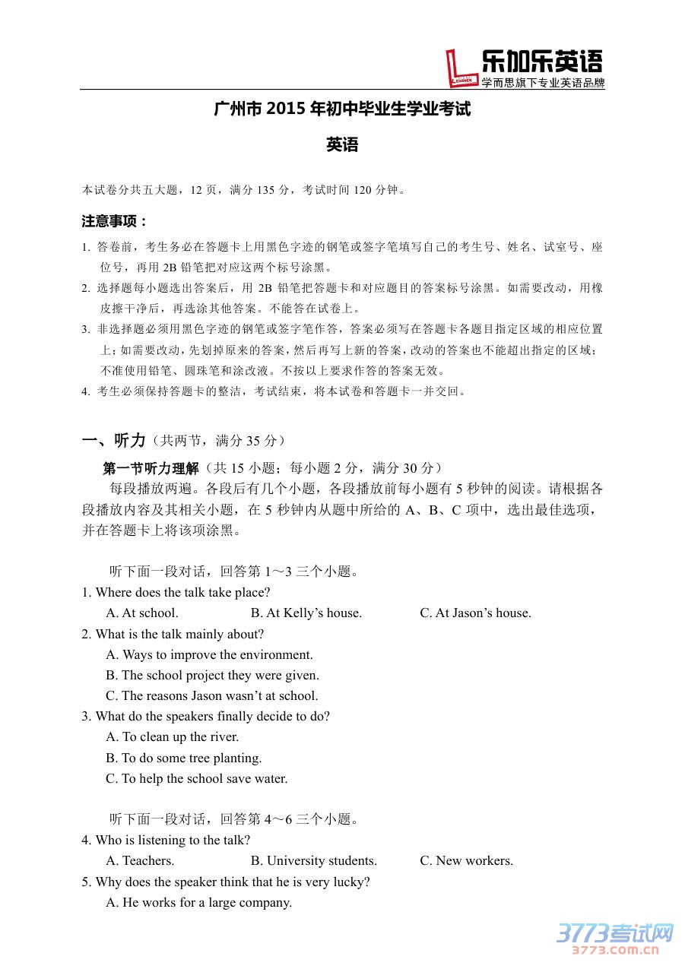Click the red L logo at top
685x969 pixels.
tap(461, 68)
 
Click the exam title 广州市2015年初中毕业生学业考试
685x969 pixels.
tap(342, 109)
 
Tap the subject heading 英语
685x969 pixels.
tap(342, 144)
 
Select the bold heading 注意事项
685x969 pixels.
tap(114, 221)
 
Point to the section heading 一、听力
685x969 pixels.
tap(113, 440)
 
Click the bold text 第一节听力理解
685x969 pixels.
tap(151, 468)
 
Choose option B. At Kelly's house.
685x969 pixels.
tap(306, 613)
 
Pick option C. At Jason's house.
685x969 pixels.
tap(475, 613)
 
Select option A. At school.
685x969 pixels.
tap(142, 613)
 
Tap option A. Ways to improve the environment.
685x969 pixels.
tap(209, 654)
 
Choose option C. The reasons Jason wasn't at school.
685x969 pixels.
tap(212, 695)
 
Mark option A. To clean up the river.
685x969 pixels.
tap(173, 736)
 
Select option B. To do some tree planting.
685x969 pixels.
tap(184, 758)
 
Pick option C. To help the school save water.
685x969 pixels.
tap(197, 778)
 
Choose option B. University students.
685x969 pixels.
tap(313, 860)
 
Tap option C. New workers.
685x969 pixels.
tap(466, 860)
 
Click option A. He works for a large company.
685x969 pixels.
tap(198, 902)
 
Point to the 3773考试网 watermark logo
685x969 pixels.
tap(616, 936)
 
